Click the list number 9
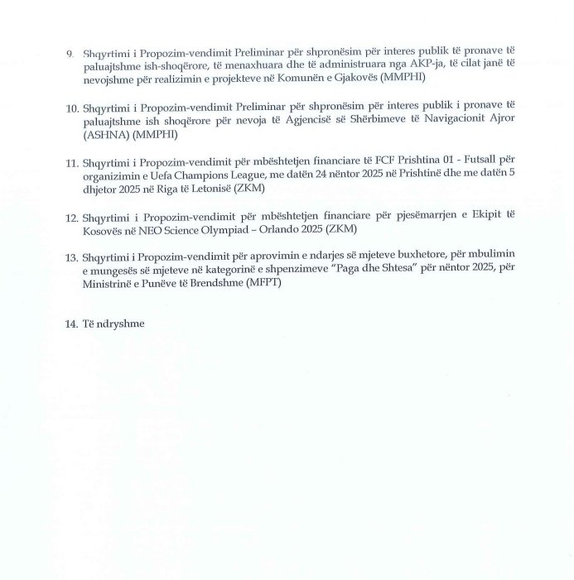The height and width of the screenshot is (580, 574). [x=70, y=53]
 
